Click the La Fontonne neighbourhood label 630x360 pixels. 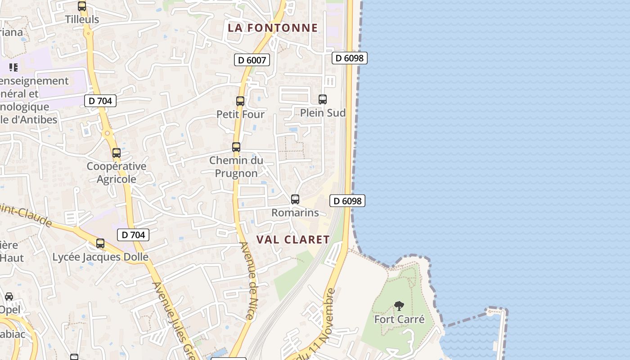tap(273, 28)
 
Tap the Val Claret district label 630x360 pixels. tap(293, 239)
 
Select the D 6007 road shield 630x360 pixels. tap(252, 60)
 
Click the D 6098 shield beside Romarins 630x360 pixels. tap(347, 201)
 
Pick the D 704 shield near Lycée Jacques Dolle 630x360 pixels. tap(133, 234)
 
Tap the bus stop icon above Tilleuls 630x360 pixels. tap(82, 6)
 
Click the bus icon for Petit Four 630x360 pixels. tap(240, 101)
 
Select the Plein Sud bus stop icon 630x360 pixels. tap(323, 99)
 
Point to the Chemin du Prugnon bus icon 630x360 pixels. tap(236, 147)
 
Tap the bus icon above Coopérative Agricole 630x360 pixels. tap(117, 153)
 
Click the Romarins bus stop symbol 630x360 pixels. tap(295, 199)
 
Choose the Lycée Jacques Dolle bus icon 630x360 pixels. tap(100, 244)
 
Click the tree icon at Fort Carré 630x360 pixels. tap(399, 306)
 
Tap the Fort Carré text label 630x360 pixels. tap(400, 319)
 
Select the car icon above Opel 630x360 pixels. tap(9, 297)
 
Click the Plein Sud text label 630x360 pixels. tap(323, 113)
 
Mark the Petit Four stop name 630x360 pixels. tap(240, 114)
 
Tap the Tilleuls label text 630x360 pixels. tap(82, 19)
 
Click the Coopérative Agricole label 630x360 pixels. tap(117, 172)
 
